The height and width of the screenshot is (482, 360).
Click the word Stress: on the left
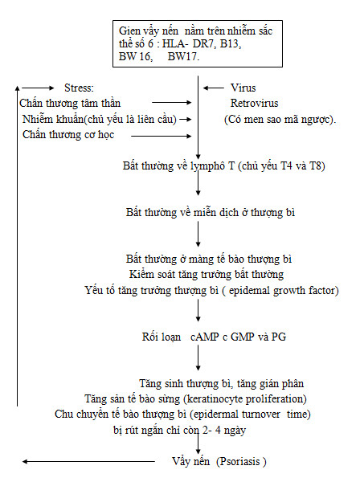coord(79,88)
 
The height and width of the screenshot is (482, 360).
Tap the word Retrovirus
coord(254,103)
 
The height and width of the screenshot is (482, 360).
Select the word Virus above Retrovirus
coord(243,88)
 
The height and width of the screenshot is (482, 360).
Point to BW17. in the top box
coord(183,56)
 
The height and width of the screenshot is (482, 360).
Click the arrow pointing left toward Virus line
coord(214,88)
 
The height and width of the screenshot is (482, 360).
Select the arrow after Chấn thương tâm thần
coord(172,102)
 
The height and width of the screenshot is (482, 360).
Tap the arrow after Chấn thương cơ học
coord(162,136)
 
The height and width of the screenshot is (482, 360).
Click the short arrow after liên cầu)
coord(186,119)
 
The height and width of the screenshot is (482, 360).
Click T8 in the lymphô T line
coord(317,166)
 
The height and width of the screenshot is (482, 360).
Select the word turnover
coord(260,415)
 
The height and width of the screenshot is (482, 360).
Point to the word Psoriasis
coord(240,461)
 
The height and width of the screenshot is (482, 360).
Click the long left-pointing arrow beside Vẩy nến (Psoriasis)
coord(89,461)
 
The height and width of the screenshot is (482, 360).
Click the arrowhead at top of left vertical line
coord(18,88)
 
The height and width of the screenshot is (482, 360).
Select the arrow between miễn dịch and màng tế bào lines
coord(198,234)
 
